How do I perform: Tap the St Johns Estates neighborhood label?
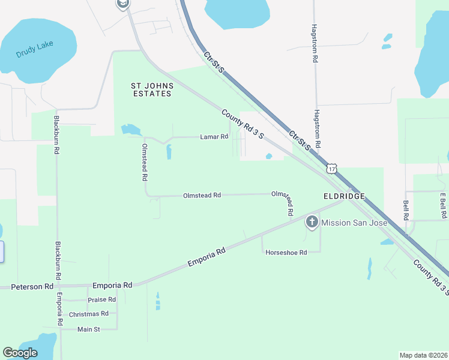tap(151, 90)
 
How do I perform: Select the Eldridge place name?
tap(343, 196)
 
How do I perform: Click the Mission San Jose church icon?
tap(312, 223)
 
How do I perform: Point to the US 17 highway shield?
tap(332, 168)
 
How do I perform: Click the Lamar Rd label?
tap(214, 137)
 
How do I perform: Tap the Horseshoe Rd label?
tap(286, 253)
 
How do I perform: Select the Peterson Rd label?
tap(32, 287)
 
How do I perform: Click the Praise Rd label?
tap(101, 299)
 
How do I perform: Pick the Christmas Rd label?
tap(88, 314)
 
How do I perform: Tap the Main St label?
tap(88, 329)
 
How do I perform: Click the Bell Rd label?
tap(406, 209)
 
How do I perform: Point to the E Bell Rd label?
tap(442, 206)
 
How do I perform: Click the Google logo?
tap(20, 353)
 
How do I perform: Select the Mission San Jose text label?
tap(354, 223)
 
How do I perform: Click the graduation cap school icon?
tap(122, 4)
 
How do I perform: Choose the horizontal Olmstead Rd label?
tap(202, 195)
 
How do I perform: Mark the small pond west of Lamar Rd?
tap(130, 130)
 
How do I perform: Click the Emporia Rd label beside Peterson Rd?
tap(112, 286)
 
